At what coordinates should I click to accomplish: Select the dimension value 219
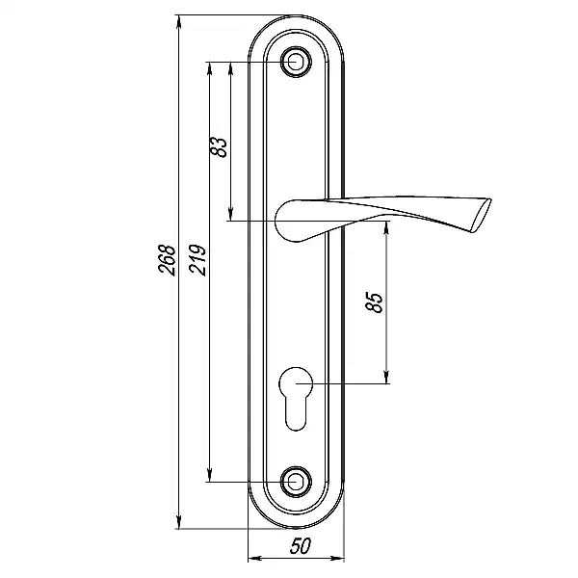pyautogui.click(x=197, y=257)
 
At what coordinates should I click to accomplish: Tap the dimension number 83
pyautogui.click(x=220, y=146)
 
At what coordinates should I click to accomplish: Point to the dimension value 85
pyautogui.click(x=375, y=302)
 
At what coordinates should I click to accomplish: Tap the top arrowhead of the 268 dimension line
pyautogui.click(x=178, y=22)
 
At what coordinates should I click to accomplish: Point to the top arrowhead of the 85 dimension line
pyautogui.click(x=386, y=227)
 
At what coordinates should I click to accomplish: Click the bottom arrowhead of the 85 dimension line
pyautogui.click(x=386, y=379)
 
